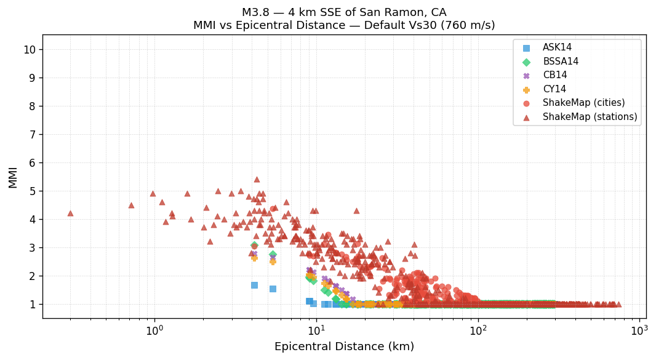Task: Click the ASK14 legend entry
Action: (x=557, y=48)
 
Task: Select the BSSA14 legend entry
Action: (x=560, y=62)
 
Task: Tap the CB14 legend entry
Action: (x=554, y=75)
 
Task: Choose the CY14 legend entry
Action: (x=554, y=89)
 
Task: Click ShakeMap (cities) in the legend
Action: (x=583, y=103)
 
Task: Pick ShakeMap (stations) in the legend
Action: (x=590, y=117)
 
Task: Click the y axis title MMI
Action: (x=13, y=177)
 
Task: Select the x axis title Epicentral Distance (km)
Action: (x=344, y=347)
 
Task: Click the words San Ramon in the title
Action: (x=393, y=12)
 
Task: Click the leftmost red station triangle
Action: (x=70, y=214)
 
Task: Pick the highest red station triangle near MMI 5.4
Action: (x=257, y=180)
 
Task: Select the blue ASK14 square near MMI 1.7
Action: (x=254, y=285)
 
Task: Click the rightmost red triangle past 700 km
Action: (x=618, y=304)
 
